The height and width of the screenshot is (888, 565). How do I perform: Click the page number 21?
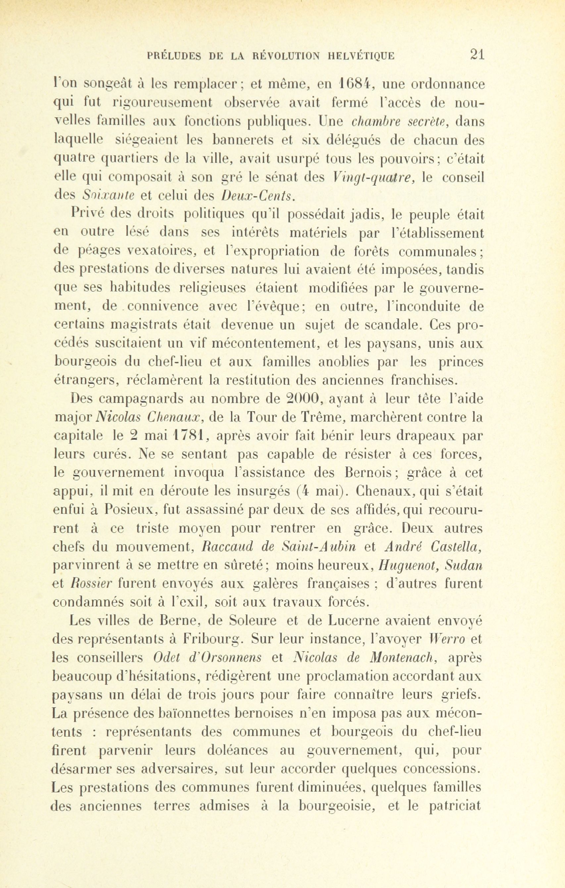477,55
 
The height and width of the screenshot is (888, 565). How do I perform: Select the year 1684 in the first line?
359,84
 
